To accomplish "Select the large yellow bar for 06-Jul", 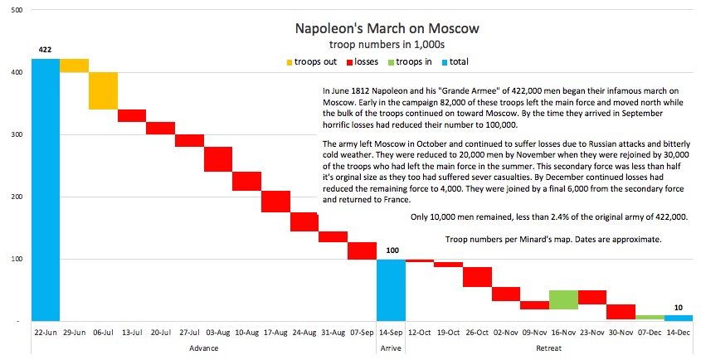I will point(103,90).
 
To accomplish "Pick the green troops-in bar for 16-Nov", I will point(563,299).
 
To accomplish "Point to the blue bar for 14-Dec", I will point(679,317).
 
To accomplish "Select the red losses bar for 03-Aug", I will point(218,158).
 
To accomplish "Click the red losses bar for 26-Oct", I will point(477,277).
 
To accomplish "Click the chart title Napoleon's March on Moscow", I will point(387,29).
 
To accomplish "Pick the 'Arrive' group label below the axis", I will point(391,348).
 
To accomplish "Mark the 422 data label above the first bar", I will point(46,50).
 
